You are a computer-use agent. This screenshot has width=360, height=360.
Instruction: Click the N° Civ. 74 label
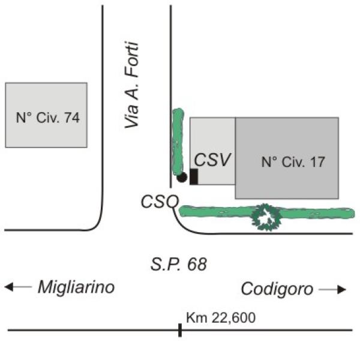pyautogui.click(x=48, y=118)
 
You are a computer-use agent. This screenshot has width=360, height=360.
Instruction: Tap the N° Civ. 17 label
pyautogui.click(x=293, y=162)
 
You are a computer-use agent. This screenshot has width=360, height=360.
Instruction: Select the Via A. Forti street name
pyautogui.click(x=132, y=85)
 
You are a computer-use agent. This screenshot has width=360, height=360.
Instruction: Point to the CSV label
pyautogui.click(x=212, y=160)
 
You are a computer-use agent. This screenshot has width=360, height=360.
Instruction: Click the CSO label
pyautogui.click(x=160, y=202)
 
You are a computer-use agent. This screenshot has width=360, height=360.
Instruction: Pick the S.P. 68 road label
pyautogui.click(x=179, y=264)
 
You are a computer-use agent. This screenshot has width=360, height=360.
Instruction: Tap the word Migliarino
pyautogui.click(x=76, y=287)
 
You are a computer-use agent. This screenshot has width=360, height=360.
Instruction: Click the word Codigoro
pyautogui.click(x=277, y=289)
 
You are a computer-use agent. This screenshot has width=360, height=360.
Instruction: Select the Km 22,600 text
pyautogui.click(x=221, y=318)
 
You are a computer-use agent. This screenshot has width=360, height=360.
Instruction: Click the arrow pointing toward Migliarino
pyautogui.click(x=18, y=287)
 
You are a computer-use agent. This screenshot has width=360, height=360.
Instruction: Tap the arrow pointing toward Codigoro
pyautogui.click(x=332, y=290)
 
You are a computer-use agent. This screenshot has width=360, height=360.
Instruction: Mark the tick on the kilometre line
pyautogui.click(x=180, y=330)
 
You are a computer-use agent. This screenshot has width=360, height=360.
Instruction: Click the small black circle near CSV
pyautogui.click(x=182, y=177)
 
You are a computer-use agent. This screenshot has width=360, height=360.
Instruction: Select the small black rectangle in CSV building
pyautogui.click(x=194, y=176)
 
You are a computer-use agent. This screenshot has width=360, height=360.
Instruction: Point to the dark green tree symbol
pyautogui.click(x=266, y=217)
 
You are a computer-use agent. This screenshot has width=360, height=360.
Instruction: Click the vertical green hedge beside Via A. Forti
pyautogui.click(x=178, y=142)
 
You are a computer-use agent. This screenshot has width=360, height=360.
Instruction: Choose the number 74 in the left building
pyautogui.click(x=71, y=118)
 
